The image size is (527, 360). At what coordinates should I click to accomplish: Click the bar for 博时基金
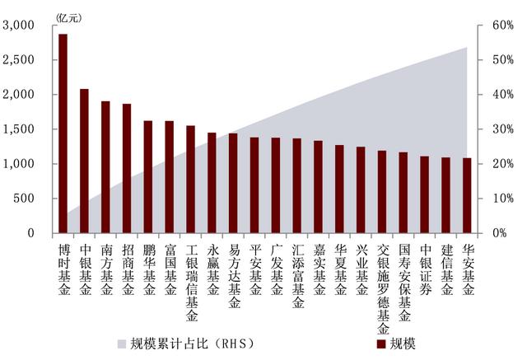point(63,133)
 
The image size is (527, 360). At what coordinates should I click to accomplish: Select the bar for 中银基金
point(84,161)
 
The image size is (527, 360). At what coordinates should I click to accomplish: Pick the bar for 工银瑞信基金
point(190,179)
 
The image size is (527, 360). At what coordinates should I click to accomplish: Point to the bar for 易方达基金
point(233,183)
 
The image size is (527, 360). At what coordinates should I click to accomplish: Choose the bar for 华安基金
point(467,195)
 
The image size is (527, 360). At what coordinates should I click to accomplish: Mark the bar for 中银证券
point(425,194)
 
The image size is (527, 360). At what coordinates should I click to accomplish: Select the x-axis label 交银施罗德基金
point(382,285)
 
